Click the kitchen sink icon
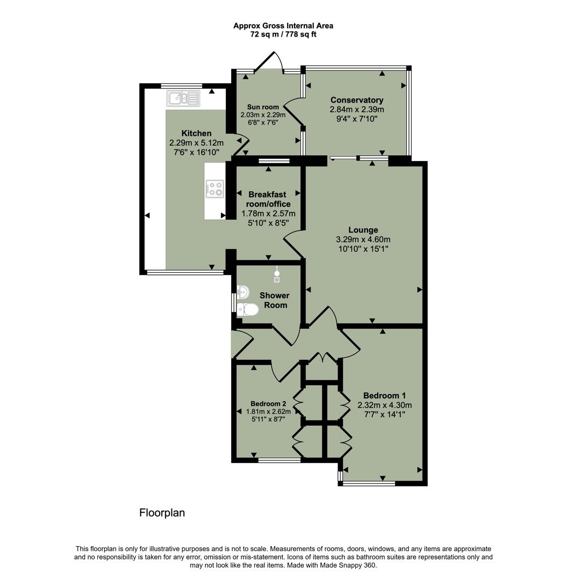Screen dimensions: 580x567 point(183,98)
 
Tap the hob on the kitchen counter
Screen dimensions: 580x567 point(215,188)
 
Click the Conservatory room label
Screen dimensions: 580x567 point(356,100)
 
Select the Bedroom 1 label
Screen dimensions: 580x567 point(384,396)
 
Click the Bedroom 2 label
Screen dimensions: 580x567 point(268,404)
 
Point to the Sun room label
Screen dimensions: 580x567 point(263,107)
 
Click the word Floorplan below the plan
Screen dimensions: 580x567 point(162,513)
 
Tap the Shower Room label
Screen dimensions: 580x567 point(274,300)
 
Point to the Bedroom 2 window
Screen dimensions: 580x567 point(279,460)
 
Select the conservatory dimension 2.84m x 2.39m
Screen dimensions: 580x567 point(356,109)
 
